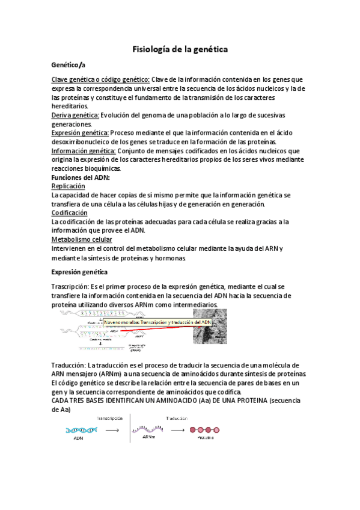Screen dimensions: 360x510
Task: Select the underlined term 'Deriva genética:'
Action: click(75, 115)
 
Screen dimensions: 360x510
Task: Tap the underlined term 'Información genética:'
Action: click(84, 151)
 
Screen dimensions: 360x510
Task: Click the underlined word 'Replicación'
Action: click(68, 186)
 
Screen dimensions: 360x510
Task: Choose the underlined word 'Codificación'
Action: click(69, 213)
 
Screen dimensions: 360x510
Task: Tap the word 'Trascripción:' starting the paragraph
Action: click(70, 287)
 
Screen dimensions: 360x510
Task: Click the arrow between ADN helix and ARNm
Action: click(113, 430)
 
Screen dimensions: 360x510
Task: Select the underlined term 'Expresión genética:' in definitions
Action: click(80, 133)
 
